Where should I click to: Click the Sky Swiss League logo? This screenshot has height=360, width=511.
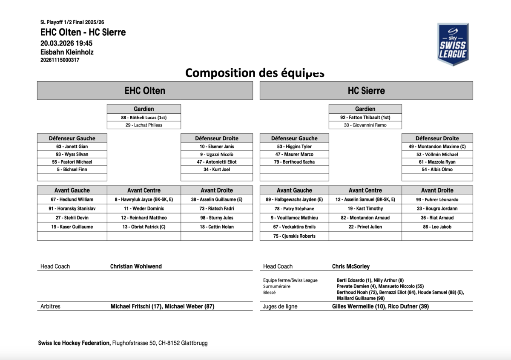click(x=453, y=44)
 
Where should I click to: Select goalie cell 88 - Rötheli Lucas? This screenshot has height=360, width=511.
click(x=144, y=118)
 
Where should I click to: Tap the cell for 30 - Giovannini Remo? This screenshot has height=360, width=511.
click(x=365, y=125)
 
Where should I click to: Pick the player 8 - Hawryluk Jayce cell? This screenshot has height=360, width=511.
click(x=144, y=199)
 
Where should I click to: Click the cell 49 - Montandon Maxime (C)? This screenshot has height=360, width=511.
click(x=437, y=147)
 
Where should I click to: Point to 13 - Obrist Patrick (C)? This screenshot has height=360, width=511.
click(x=144, y=227)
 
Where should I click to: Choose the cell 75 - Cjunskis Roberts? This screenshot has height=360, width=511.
click(x=294, y=236)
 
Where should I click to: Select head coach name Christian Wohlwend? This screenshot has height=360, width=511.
click(x=136, y=266)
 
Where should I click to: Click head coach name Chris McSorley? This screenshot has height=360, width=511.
click(x=351, y=266)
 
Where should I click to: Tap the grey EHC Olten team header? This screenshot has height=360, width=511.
click(x=145, y=91)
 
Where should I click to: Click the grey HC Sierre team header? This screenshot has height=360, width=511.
click(x=366, y=91)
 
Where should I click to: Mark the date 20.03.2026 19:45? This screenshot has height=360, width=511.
click(x=66, y=43)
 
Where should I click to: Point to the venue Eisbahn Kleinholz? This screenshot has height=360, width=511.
click(x=67, y=52)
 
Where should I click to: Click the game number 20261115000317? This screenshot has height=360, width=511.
click(x=60, y=60)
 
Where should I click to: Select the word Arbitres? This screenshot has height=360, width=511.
click(x=50, y=306)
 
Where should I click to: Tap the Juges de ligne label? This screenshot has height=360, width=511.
click(x=280, y=306)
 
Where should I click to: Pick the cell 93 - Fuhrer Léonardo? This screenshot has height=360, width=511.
click(x=437, y=199)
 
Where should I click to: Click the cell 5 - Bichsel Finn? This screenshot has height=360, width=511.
click(x=72, y=170)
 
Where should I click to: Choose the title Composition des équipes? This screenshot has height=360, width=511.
click(x=255, y=73)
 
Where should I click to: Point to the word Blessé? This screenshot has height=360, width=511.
click(x=270, y=293)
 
